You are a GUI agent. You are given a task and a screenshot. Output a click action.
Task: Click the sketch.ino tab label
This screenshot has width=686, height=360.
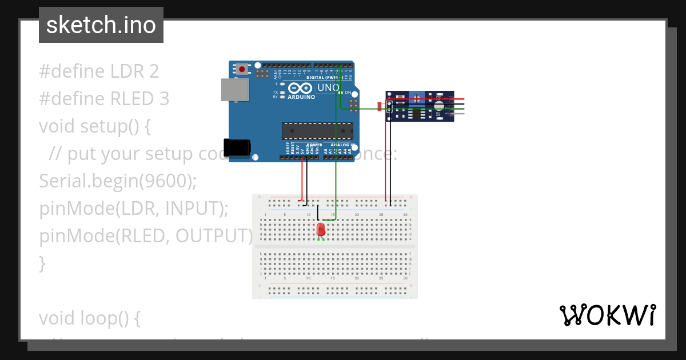101,25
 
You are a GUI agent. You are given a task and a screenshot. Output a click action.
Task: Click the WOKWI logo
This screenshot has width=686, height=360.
607,315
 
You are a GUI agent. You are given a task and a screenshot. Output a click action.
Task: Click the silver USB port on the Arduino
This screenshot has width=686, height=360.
235,90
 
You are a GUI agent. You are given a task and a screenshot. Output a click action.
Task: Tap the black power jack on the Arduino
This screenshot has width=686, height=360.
237,147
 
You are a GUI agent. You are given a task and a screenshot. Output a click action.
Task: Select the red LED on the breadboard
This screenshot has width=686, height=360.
321,229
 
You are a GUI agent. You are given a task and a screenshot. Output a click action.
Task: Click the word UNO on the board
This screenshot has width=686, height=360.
328,88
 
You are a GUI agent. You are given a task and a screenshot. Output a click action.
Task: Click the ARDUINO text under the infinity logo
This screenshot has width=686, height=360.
301,97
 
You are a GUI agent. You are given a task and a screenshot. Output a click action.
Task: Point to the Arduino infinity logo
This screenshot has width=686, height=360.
300,88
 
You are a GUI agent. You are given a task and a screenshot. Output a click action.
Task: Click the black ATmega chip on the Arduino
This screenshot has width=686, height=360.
317,131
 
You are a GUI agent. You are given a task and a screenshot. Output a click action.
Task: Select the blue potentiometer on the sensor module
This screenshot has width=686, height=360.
417,99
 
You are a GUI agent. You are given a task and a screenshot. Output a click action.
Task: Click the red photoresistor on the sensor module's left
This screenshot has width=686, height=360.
380,106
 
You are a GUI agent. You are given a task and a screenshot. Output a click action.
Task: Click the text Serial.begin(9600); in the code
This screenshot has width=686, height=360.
118,181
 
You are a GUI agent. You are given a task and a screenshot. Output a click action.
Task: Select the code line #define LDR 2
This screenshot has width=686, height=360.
99,71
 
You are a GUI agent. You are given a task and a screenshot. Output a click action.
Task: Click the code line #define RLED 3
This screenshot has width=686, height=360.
104,99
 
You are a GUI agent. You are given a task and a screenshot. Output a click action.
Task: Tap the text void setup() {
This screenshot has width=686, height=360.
94,126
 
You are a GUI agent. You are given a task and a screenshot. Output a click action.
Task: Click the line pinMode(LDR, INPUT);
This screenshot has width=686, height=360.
134,209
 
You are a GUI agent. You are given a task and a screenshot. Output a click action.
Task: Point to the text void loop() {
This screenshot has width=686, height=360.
90,318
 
